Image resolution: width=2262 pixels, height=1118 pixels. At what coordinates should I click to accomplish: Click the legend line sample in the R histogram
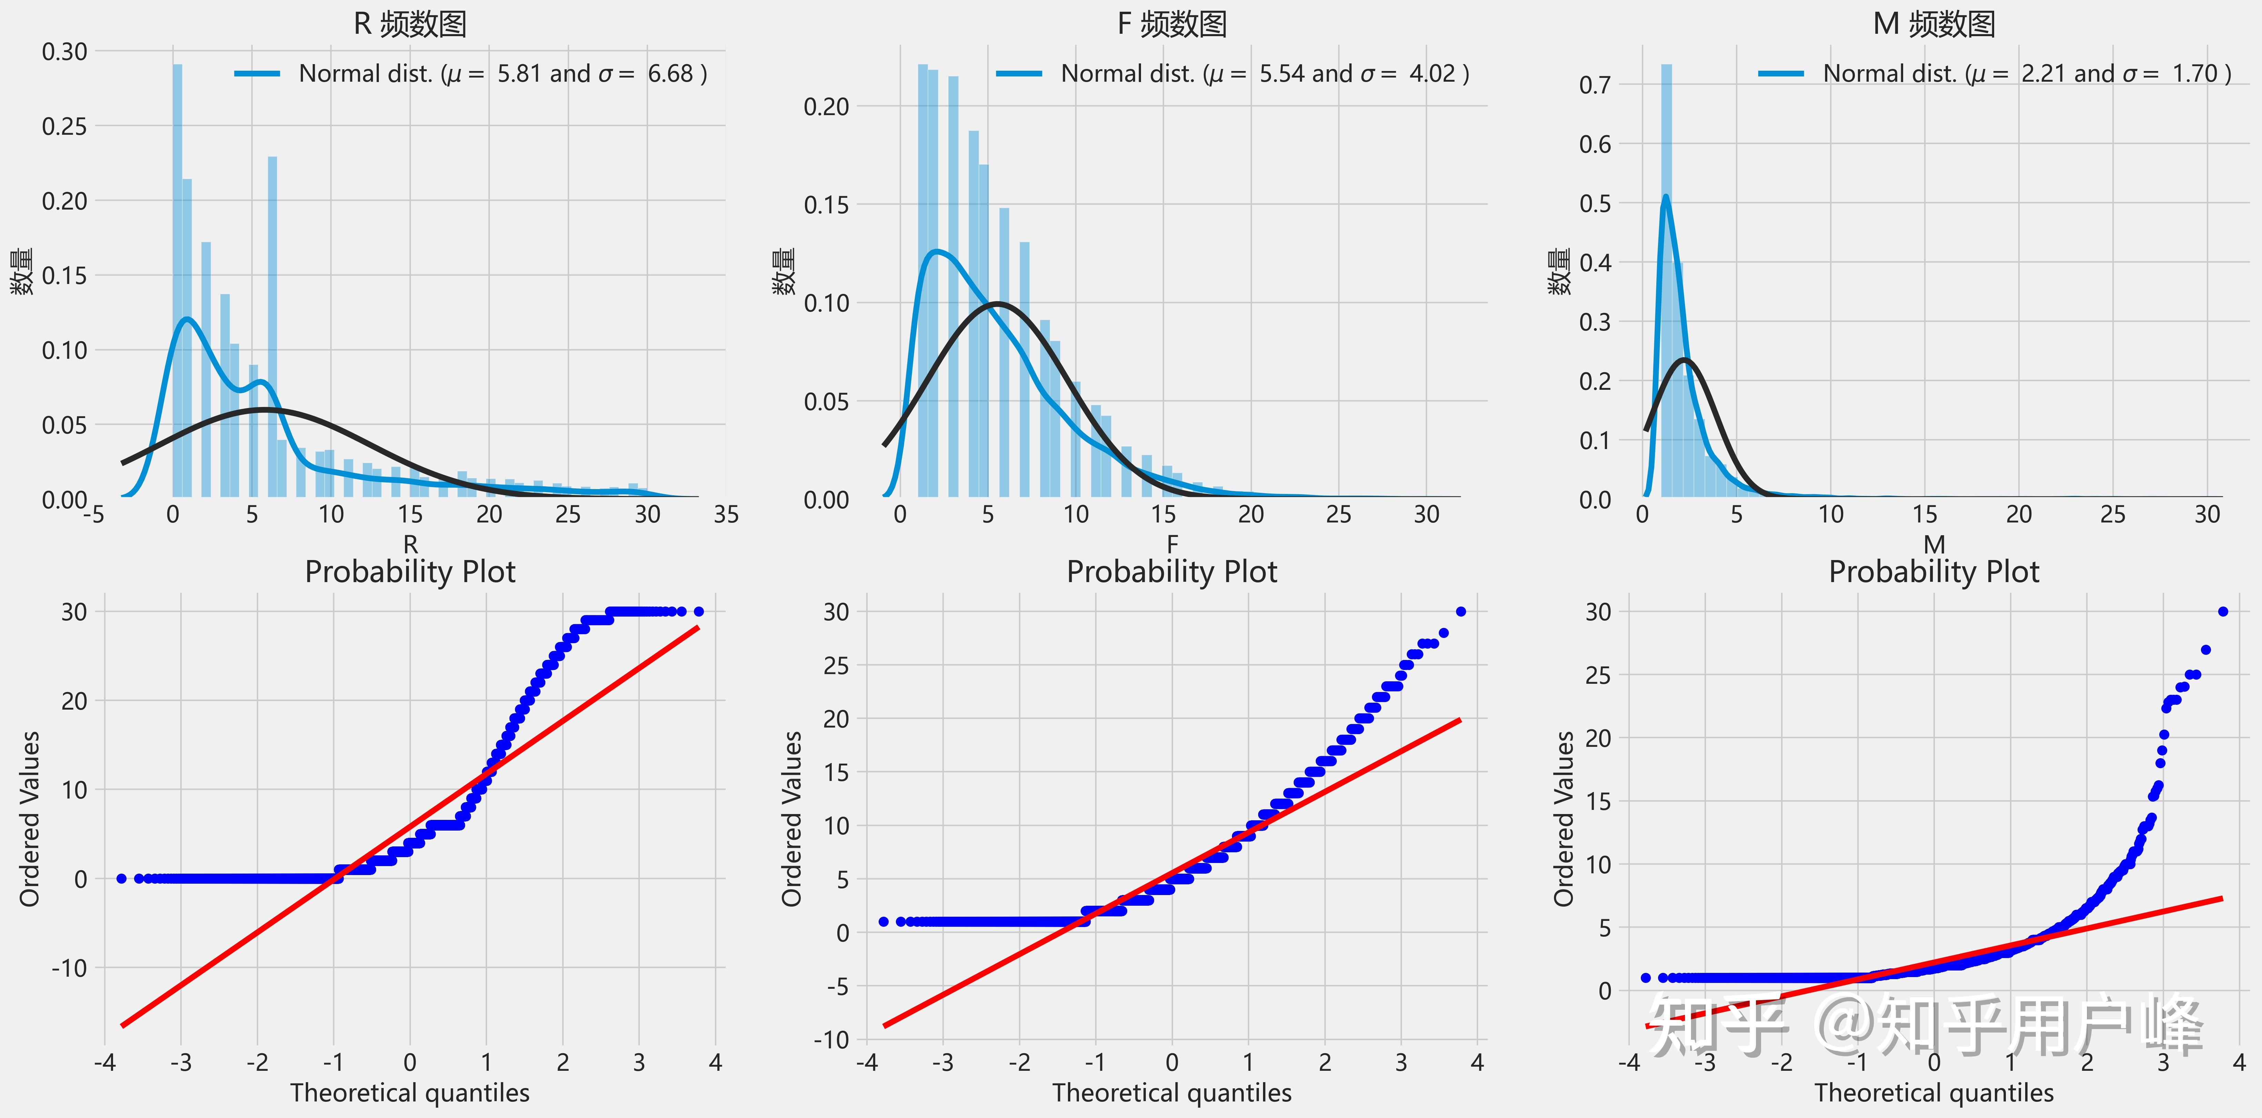[x=257, y=74]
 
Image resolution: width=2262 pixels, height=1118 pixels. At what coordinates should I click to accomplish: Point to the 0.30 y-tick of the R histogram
[x=65, y=52]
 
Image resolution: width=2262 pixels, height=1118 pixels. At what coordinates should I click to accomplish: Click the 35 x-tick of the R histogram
[x=726, y=515]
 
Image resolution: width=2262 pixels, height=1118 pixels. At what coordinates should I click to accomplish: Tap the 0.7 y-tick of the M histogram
[x=1595, y=85]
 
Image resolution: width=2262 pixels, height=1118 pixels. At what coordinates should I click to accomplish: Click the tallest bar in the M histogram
[x=1666, y=281]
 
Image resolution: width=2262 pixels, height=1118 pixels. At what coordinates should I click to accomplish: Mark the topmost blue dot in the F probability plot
[x=1460, y=611]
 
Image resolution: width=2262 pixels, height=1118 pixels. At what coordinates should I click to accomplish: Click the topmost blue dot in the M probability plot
[x=2222, y=611]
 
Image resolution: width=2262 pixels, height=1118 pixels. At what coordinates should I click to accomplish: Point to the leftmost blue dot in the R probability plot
[x=121, y=878]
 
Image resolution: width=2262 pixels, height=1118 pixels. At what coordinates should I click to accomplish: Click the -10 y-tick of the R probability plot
[x=69, y=968]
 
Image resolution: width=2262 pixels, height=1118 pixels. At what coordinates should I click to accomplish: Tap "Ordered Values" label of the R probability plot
[x=30, y=819]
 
